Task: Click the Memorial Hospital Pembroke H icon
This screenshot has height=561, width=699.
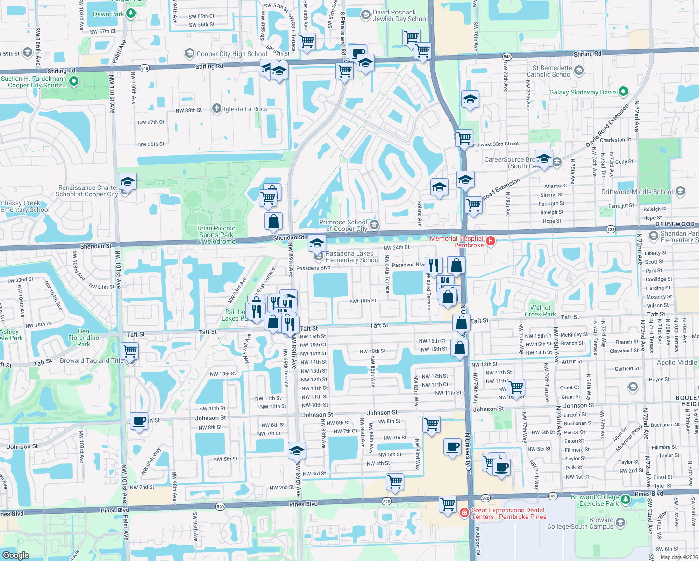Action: [x=490, y=241]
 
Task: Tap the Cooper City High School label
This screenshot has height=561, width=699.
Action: [x=232, y=54]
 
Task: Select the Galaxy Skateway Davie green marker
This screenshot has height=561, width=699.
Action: [x=623, y=92]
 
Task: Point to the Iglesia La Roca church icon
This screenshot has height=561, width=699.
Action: [x=216, y=109]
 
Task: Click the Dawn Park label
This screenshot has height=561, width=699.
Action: [x=108, y=14]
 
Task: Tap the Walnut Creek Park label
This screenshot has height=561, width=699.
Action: [x=540, y=311]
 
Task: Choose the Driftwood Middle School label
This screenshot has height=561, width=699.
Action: [x=637, y=192]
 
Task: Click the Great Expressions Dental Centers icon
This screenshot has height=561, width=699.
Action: [x=464, y=513]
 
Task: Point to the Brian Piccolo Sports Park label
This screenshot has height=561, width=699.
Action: [x=216, y=235]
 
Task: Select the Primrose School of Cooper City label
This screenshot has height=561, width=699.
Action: [x=343, y=225]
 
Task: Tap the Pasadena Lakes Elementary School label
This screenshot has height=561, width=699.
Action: [x=352, y=257]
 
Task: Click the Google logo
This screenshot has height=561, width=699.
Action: [x=16, y=555]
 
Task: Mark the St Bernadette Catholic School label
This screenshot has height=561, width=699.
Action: [x=549, y=71]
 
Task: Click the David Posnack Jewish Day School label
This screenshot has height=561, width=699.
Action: [x=400, y=15]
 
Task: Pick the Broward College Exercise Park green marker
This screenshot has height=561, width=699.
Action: [x=625, y=500]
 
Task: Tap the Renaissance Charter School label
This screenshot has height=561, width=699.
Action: [x=88, y=191]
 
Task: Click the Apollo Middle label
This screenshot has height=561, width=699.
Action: [x=677, y=362]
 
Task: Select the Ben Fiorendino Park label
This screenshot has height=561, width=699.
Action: [x=84, y=338]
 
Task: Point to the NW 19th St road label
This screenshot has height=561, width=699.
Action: [x=363, y=301]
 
